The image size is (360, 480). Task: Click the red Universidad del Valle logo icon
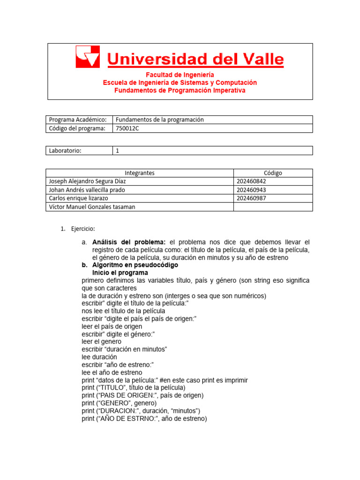pyautogui.click(x=88, y=57)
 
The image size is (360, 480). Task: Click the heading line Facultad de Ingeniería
pyautogui.click(x=180, y=75)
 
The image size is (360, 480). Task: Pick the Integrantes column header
pyautogui.click(x=140, y=173)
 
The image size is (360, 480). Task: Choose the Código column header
pyautogui.click(x=273, y=173)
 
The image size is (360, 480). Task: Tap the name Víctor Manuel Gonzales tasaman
pyautogui.click(x=92, y=207)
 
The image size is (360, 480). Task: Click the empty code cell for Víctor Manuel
pyautogui.click(x=273, y=207)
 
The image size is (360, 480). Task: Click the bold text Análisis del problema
pyautogui.click(x=129, y=242)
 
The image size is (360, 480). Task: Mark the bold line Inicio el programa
pyautogui.click(x=120, y=273)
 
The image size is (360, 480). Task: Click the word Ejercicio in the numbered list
pyautogui.click(x=83, y=229)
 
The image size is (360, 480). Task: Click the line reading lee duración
pyautogui.click(x=99, y=357)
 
